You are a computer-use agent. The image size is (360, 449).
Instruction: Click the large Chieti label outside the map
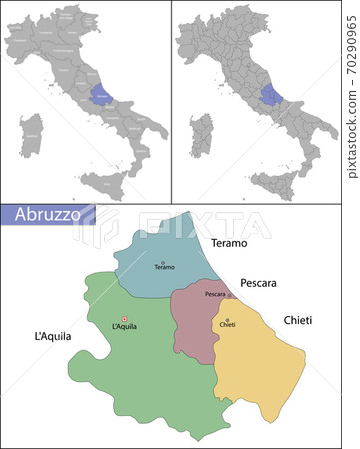click(297, 320)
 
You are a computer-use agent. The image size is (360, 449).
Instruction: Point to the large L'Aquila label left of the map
click(52, 337)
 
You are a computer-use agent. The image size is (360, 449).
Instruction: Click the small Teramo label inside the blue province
click(164, 268)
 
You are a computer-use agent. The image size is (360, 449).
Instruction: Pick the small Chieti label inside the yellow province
click(227, 325)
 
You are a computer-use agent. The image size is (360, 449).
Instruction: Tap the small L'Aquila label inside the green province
click(124, 327)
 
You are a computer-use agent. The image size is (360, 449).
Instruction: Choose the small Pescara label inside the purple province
click(215, 295)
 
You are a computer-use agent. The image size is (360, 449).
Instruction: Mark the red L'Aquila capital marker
click(125, 319)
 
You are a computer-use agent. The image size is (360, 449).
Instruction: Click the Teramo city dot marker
click(164, 262)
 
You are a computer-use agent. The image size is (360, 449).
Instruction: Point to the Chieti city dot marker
click(227, 318)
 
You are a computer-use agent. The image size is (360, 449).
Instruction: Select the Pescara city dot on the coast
click(231, 295)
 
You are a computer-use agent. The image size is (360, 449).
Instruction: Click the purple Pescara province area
click(192, 324)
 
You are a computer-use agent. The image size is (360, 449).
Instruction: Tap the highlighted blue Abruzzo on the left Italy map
click(102, 95)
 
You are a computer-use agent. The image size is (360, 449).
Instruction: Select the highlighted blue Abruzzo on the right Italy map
click(270, 96)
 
